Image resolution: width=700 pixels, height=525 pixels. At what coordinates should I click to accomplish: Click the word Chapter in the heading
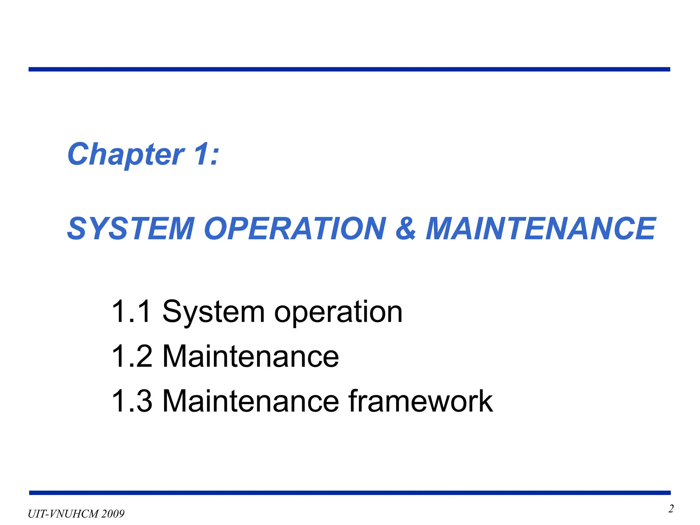pyautogui.click(x=126, y=154)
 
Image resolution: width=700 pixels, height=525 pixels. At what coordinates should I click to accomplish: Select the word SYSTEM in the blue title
pyautogui.click(x=131, y=229)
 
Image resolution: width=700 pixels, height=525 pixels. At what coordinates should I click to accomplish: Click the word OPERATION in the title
pyautogui.click(x=295, y=229)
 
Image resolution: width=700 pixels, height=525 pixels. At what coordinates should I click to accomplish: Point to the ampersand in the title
pyautogui.click(x=406, y=229)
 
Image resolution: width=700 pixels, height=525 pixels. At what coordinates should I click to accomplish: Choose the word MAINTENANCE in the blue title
pyautogui.click(x=540, y=229)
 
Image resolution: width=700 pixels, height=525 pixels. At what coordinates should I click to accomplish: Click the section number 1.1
pyautogui.click(x=131, y=311)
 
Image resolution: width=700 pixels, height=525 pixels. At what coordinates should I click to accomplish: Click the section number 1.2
pyautogui.click(x=132, y=356)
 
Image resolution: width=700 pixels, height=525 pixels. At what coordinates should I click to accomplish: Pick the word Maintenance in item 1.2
pyautogui.click(x=251, y=356)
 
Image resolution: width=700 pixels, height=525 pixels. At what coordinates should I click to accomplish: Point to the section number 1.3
pyautogui.click(x=132, y=401)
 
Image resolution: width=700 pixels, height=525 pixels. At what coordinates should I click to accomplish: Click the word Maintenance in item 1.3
pyautogui.click(x=251, y=401)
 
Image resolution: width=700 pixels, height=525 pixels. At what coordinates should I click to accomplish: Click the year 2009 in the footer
pyautogui.click(x=113, y=514)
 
